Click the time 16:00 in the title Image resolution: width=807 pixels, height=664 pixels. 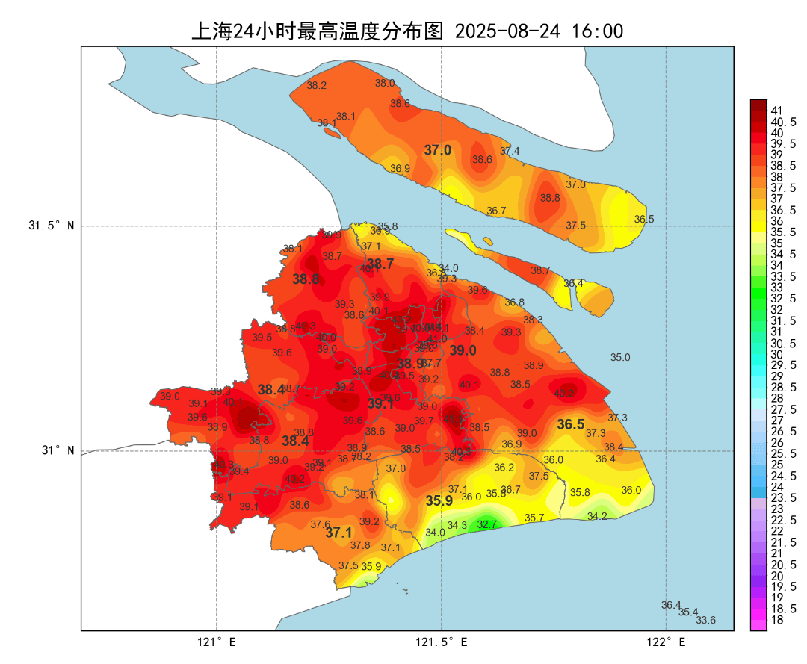pyautogui.click(x=597, y=31)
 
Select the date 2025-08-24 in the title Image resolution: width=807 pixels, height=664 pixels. pyautogui.click(x=507, y=31)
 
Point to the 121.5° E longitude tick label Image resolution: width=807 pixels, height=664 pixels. pyautogui.click(x=442, y=642)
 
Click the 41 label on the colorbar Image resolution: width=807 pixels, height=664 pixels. pyautogui.click(x=777, y=111)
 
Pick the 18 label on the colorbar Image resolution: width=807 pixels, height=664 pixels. pyautogui.click(x=777, y=619)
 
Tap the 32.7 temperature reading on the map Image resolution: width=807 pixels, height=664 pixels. pyautogui.click(x=487, y=525)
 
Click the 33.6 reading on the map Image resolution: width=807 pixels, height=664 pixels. pyautogui.click(x=705, y=620)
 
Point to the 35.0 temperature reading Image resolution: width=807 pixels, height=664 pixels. pyautogui.click(x=620, y=358)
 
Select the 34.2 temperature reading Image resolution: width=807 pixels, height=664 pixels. pyautogui.click(x=597, y=516)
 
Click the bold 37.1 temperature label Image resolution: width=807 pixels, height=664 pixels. pyautogui.click(x=338, y=533)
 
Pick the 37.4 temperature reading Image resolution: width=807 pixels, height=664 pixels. pyautogui.click(x=510, y=151)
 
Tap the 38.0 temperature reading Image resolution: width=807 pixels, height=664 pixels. pyautogui.click(x=385, y=83)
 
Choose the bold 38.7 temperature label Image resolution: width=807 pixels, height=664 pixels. pyautogui.click(x=380, y=264)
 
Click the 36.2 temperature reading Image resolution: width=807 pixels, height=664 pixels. pyautogui.click(x=504, y=468)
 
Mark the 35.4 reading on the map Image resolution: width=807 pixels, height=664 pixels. pyautogui.click(x=688, y=612)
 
